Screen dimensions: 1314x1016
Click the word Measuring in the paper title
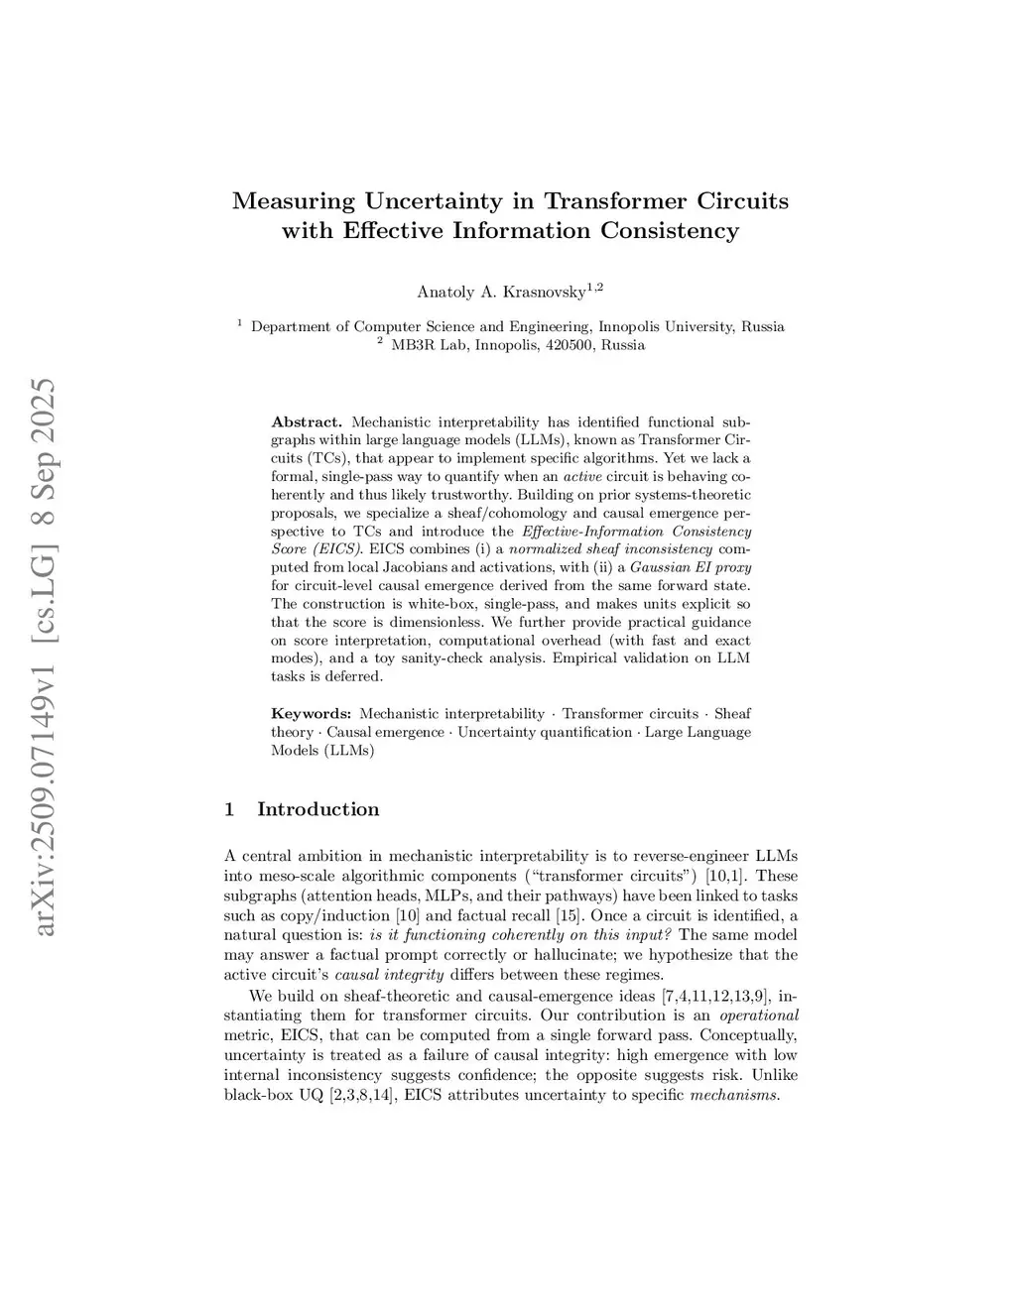(294, 201)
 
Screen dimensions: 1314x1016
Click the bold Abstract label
(307, 422)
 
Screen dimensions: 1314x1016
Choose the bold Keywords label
(312, 714)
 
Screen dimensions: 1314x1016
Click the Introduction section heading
(317, 809)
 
